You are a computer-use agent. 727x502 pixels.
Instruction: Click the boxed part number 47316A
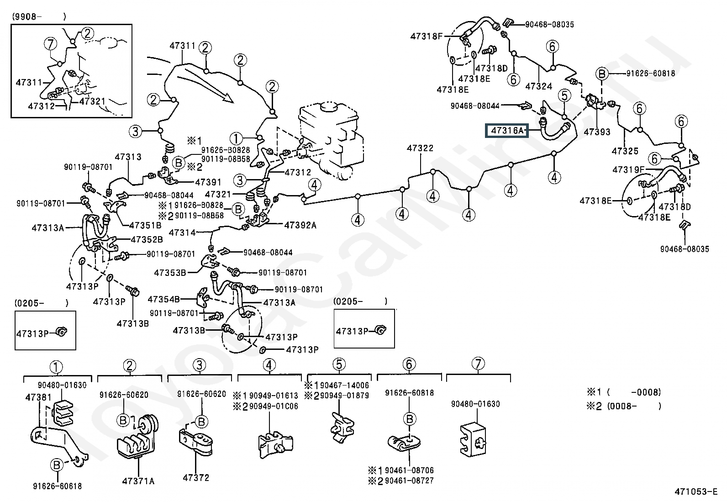[506, 131]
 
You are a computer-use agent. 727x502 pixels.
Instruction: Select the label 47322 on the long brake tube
[420, 148]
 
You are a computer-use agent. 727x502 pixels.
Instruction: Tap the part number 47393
[597, 132]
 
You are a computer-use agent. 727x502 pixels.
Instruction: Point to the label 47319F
[628, 169]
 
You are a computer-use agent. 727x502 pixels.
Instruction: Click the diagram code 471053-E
[696, 491]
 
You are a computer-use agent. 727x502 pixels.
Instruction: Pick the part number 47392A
[300, 225]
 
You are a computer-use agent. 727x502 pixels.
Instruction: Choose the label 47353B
[170, 273]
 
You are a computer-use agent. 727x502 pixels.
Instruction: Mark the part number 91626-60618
[58, 486]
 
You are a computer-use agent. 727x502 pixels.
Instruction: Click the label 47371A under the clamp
[138, 481]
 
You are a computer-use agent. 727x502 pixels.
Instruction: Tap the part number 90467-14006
[344, 386]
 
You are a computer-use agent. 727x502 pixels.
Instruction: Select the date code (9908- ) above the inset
[39, 17]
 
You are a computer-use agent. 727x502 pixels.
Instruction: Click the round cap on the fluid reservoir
[329, 106]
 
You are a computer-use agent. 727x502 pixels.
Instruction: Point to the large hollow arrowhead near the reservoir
[227, 97]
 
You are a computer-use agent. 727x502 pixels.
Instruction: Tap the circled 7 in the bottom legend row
[478, 364]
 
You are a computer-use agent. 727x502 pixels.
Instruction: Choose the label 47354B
[163, 299]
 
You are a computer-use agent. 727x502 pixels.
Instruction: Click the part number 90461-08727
[409, 481]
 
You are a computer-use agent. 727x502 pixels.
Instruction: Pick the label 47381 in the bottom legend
[38, 397]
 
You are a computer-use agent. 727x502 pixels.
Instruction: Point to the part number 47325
[625, 151]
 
